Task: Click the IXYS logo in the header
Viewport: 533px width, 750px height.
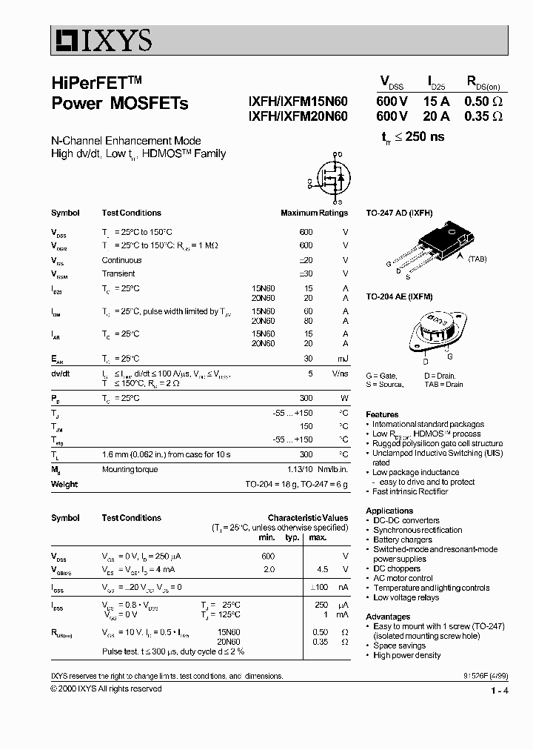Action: coord(101,39)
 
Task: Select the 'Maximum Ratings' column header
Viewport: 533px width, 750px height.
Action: coord(314,213)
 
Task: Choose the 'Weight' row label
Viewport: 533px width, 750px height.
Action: coord(64,485)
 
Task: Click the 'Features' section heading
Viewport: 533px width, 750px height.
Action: coord(382,414)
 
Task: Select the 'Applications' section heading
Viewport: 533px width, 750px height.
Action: coord(389,511)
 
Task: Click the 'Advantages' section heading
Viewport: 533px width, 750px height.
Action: coord(388,617)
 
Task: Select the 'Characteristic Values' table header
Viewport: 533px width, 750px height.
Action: coord(307,518)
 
